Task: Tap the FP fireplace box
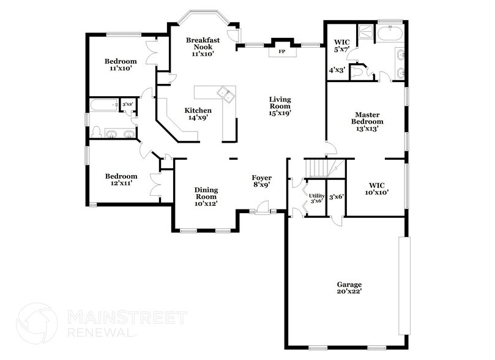click(x=282, y=52)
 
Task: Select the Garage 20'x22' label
click(x=349, y=288)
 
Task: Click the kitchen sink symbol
click(x=226, y=95)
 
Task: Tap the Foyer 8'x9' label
click(x=261, y=181)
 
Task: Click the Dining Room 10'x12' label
click(x=206, y=196)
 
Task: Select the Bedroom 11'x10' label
click(x=121, y=65)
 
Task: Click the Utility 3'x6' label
click(x=316, y=198)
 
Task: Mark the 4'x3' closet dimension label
click(x=337, y=70)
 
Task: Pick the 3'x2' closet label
click(x=127, y=105)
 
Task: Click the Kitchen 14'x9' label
click(x=198, y=114)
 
